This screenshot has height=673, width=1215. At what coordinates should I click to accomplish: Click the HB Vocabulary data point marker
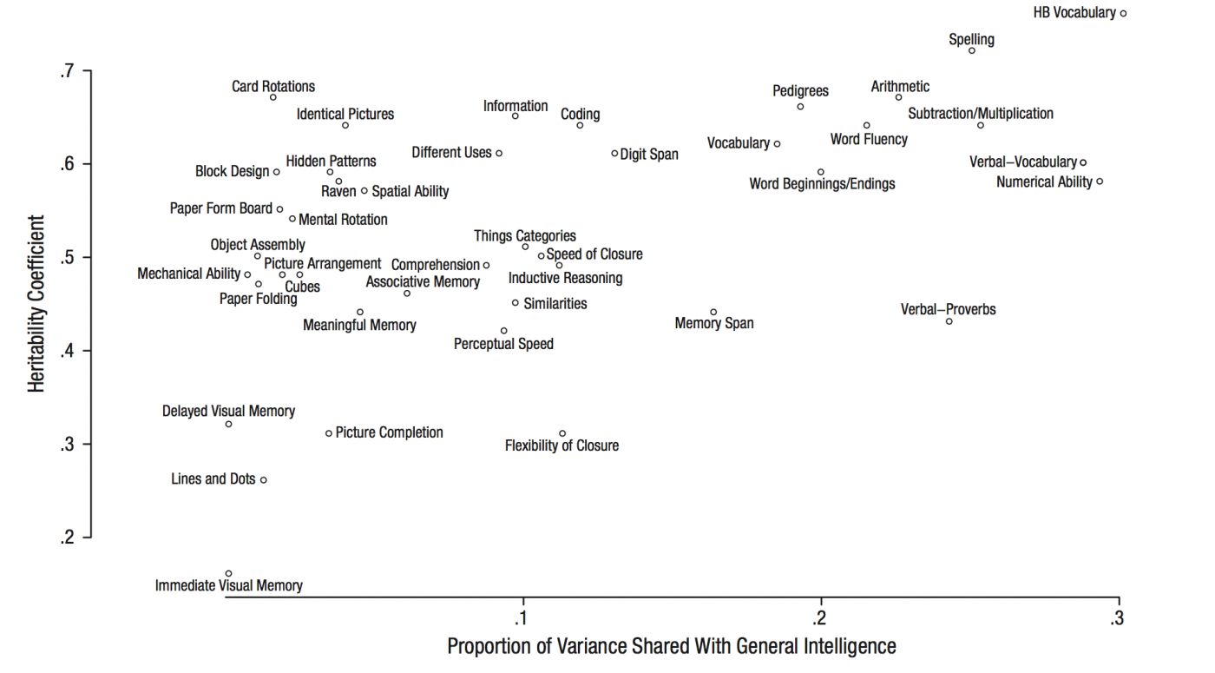1123,13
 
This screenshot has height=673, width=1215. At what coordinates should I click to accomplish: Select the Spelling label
971,39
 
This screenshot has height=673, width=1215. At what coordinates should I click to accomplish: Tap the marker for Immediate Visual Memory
228,573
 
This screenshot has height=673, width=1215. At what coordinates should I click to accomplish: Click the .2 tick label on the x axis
819,618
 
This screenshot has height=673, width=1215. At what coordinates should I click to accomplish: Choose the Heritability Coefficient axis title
36,304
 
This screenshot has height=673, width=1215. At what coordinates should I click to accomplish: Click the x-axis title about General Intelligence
671,646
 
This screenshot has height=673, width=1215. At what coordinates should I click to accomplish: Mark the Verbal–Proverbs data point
949,321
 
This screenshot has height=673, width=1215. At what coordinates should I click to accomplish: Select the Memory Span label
714,324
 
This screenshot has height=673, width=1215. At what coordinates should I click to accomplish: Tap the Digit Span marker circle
614,154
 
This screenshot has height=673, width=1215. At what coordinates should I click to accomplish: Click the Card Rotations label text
273,86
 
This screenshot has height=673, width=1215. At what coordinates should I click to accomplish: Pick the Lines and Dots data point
264,479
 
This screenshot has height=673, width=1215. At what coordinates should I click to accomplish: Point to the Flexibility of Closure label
562,446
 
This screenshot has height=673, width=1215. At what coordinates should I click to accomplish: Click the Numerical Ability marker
1100,181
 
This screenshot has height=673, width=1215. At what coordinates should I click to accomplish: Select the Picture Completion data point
329,433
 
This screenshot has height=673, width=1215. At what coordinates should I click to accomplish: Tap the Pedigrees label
800,90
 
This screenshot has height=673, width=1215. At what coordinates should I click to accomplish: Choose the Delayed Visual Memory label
228,412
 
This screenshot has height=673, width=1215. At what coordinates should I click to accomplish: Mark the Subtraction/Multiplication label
981,114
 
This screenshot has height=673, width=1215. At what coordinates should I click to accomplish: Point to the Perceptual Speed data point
503,331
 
